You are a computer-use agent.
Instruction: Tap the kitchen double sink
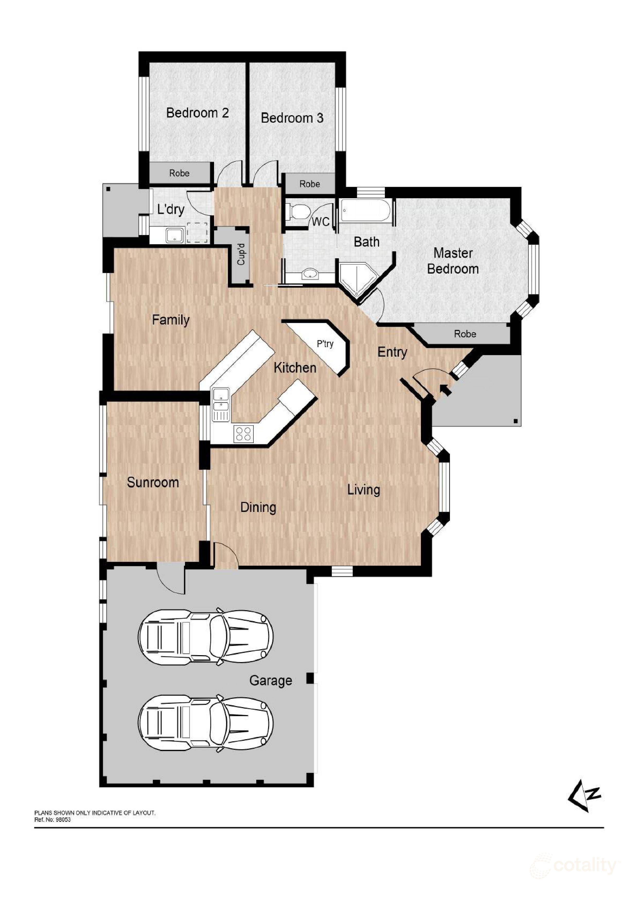[x=221, y=404]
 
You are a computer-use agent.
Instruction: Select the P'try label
[x=325, y=344]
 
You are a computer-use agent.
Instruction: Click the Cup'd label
[x=241, y=254]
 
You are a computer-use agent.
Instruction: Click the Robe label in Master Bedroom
[x=465, y=334]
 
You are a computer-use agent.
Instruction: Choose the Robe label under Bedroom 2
[x=179, y=173]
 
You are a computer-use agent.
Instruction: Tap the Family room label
[x=171, y=320]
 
